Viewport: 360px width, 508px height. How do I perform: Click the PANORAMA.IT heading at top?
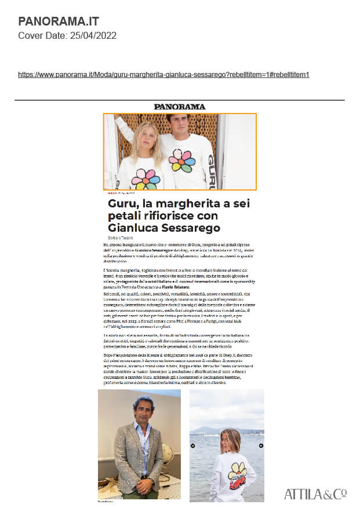point(59,22)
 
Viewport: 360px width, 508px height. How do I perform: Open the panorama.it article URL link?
point(164,75)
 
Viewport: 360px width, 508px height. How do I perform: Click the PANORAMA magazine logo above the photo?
point(180,107)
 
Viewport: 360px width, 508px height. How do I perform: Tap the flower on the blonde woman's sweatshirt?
point(145,179)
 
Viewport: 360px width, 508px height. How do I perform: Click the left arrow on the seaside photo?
point(192,445)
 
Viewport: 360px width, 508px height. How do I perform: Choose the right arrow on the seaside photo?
point(261,445)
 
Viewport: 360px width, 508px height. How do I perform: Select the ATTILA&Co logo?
point(315,494)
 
